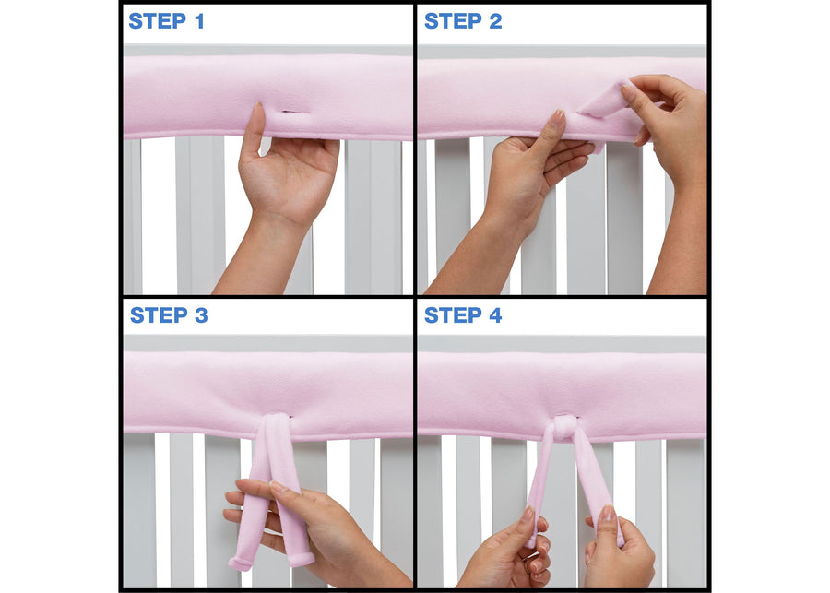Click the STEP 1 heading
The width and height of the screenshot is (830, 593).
(166, 21)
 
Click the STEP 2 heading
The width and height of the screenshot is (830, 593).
(463, 21)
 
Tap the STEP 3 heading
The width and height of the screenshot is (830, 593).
(169, 315)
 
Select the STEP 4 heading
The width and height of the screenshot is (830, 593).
(463, 315)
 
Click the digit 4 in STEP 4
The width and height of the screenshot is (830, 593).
(496, 315)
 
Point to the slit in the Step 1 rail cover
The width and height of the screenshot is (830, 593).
(294, 113)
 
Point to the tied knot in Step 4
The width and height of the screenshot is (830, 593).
(564, 426)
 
